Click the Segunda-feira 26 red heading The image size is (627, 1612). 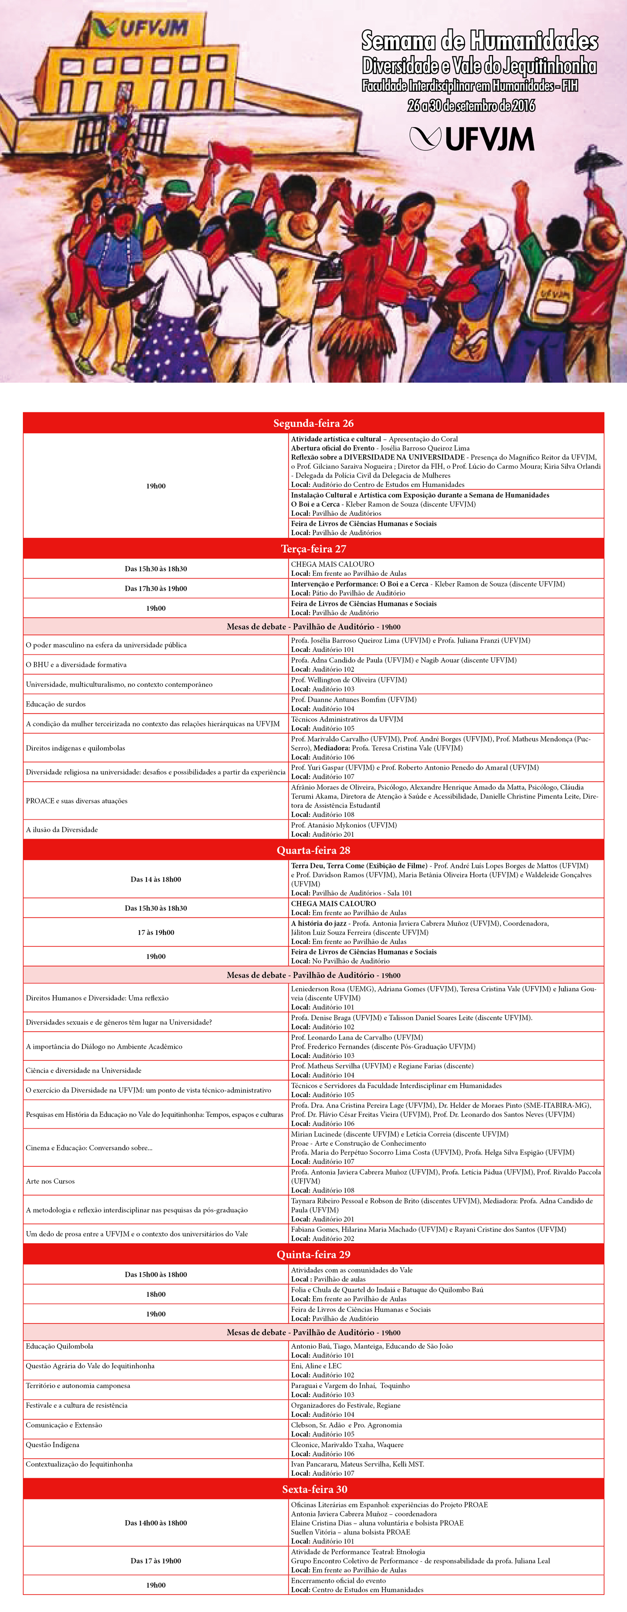tap(313, 423)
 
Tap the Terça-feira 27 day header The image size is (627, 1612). tap(313, 549)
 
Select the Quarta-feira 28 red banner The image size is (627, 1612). tap(313, 850)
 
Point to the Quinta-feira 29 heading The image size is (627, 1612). tap(313, 1254)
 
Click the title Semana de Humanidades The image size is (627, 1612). tap(479, 41)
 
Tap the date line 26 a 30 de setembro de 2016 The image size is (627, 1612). tap(471, 105)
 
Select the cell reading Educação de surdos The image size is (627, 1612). tap(56, 704)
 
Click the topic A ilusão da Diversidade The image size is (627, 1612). tap(61, 830)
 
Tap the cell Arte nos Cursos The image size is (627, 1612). tap(50, 1182)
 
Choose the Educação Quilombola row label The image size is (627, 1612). tap(60, 1346)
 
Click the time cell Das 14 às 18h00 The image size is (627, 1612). tap(155, 879)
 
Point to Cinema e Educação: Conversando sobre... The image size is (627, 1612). tap(89, 1148)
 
